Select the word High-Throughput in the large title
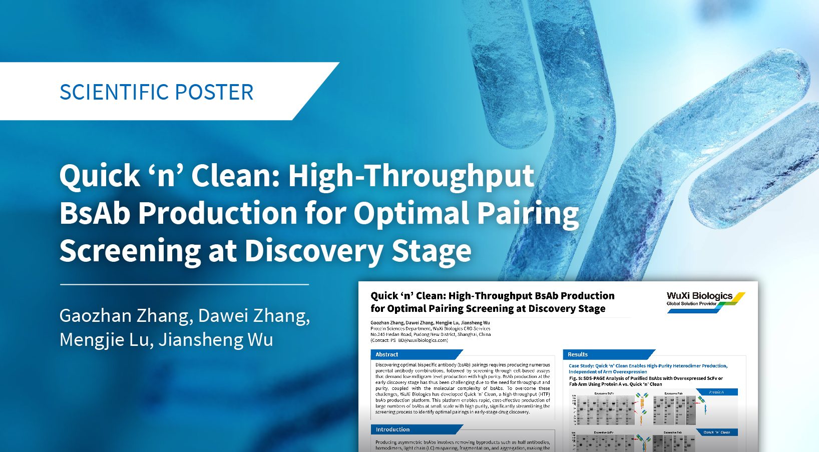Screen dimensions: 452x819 coord(411,176)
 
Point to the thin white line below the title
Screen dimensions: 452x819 coord(184,284)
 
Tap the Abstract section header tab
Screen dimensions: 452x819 coord(387,354)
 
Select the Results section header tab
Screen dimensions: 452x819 coord(578,354)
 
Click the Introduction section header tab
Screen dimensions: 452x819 coord(392,429)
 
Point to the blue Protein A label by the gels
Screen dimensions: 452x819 coord(716,392)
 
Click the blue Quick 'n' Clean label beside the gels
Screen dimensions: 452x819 coord(716,432)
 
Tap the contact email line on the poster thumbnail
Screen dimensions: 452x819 coord(409,340)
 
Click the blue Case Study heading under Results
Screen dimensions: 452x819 coord(648,368)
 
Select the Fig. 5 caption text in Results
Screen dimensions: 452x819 coord(646,381)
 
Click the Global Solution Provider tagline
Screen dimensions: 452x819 coord(691,304)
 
